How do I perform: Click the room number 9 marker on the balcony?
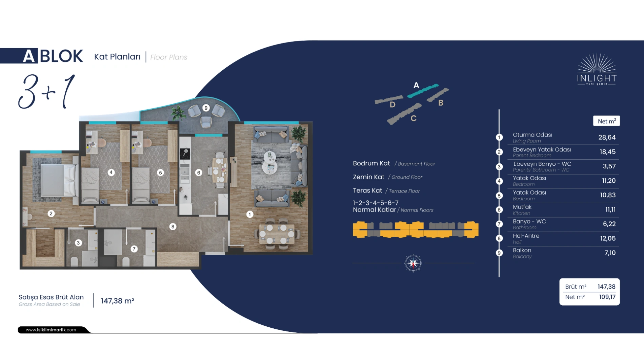(206, 108)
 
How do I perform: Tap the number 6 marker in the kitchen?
(199, 173)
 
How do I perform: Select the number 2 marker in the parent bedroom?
(51, 214)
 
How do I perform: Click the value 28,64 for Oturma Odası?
(607, 138)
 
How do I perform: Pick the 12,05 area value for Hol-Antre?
(608, 238)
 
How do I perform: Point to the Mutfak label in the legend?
(522, 207)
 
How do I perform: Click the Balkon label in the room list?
(522, 250)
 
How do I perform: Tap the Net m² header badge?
(606, 121)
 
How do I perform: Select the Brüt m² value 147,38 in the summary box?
(606, 287)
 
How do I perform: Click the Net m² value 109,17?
(607, 297)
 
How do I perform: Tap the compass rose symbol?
(413, 263)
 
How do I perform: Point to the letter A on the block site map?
(416, 85)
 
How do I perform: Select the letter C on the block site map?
(414, 118)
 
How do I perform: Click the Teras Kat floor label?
(367, 191)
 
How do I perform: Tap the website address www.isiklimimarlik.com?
(51, 330)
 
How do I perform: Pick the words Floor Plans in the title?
(168, 57)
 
